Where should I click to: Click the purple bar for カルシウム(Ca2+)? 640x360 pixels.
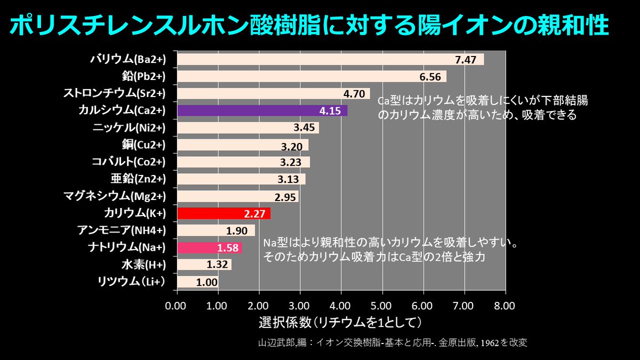[261, 110]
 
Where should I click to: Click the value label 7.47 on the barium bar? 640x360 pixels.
[465, 60]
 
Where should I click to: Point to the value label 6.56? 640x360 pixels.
[430, 77]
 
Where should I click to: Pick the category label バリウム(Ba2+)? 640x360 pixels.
[128, 59]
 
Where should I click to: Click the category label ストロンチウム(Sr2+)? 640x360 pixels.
[114, 93]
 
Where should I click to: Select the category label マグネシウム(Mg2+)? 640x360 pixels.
[114, 196]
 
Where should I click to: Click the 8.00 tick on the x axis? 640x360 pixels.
[505, 306]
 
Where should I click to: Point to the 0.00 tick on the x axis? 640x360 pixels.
[177, 306]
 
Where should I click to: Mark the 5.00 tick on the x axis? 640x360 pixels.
[381, 306]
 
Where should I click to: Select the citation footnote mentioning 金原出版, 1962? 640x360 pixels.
[391, 342]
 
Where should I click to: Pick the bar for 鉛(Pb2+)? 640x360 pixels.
[311, 77]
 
